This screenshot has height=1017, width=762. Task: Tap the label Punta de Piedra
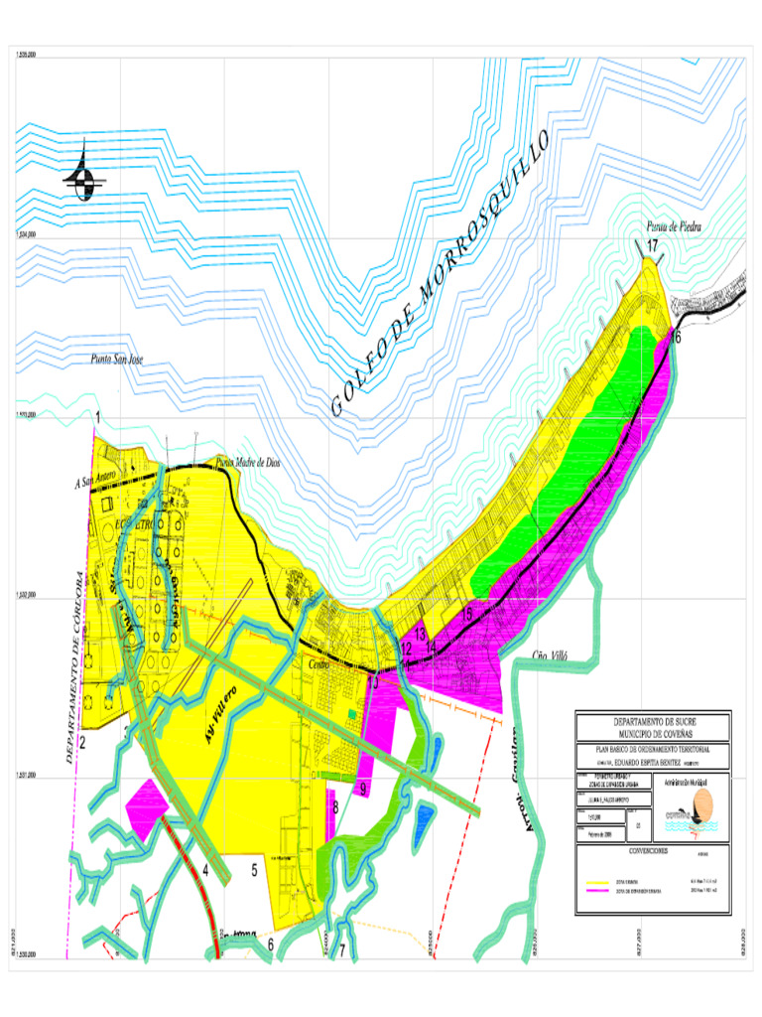click(x=675, y=226)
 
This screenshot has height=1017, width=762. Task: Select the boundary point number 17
click(x=652, y=245)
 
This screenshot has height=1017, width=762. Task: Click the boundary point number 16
click(x=676, y=338)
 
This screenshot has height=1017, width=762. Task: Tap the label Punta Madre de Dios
click(x=248, y=463)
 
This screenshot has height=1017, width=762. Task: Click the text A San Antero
click(x=96, y=482)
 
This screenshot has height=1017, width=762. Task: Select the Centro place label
click(x=318, y=664)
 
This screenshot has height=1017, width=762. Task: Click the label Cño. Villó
click(x=555, y=655)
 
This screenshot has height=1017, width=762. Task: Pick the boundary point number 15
click(x=466, y=614)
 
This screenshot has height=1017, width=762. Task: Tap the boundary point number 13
click(x=420, y=634)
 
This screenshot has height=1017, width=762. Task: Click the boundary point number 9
click(x=364, y=790)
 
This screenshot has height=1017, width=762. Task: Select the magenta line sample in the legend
click(x=598, y=892)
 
